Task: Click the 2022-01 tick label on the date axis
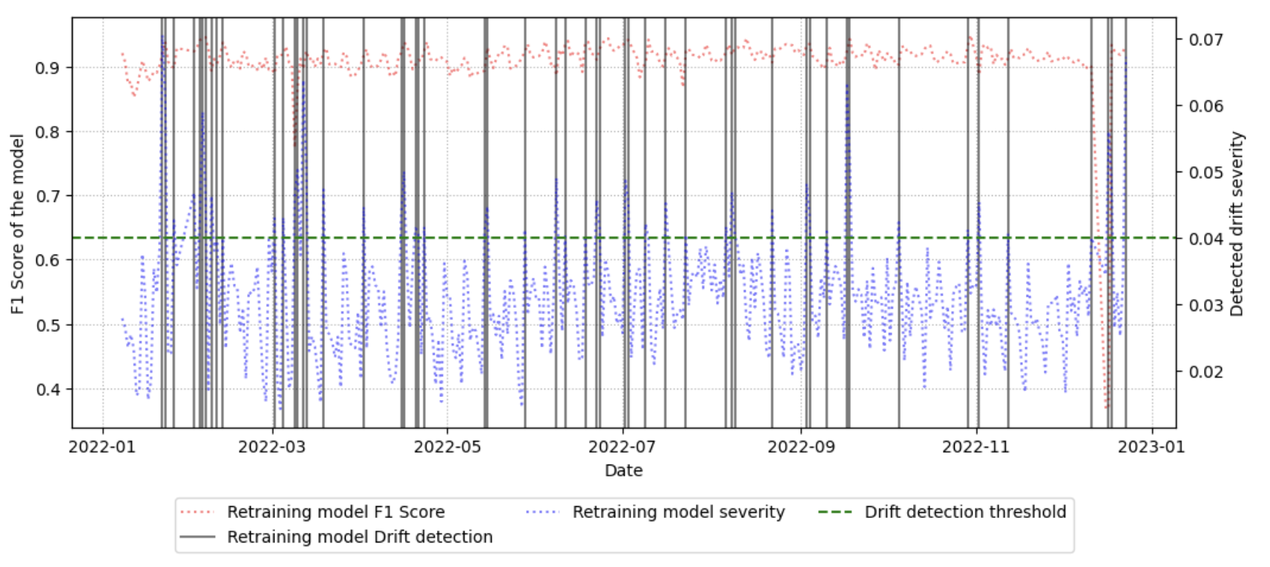pos(102,447)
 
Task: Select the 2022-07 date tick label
pos(622,447)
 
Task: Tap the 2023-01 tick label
pos(1151,447)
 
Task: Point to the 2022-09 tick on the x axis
pos(801,447)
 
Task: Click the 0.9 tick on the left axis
pos(48,68)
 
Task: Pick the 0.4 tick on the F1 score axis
pos(48,390)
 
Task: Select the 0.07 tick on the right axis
pos(1205,39)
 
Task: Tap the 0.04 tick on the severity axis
pos(1205,239)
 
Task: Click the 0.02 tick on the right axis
pos(1205,372)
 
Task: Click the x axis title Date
pos(623,471)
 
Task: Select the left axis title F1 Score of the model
pos(18,223)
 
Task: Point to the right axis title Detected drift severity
pos(1237,223)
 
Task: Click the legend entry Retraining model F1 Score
pos(335,512)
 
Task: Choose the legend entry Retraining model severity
pos(678,512)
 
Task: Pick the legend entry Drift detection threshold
pos(965,512)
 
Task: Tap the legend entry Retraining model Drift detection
pos(360,537)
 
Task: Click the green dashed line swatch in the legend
pos(835,512)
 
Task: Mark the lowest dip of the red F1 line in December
pos(1106,406)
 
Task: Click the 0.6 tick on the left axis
pos(48,260)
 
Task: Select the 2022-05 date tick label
pos(447,447)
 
